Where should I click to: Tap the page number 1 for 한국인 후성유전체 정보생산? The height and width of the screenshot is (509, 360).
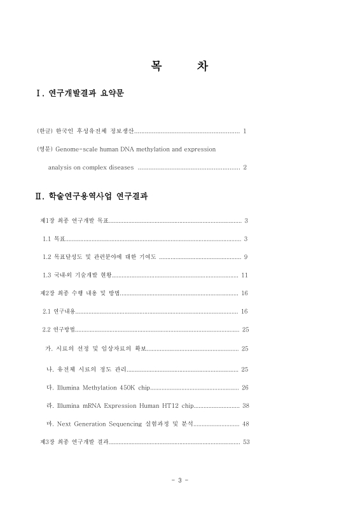(245, 131)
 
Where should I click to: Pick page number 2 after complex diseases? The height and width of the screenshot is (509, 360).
(245, 167)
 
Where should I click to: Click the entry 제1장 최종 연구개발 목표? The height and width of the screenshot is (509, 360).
(74, 221)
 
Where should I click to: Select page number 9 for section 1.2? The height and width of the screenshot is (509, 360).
(246, 257)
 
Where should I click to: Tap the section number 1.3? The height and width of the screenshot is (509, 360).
(46, 275)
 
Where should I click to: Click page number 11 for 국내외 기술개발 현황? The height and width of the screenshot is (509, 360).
(245, 275)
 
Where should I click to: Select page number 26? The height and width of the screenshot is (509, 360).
(245, 387)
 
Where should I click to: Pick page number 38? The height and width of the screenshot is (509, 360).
(245, 405)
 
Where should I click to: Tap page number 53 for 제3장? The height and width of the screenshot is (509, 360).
(246, 442)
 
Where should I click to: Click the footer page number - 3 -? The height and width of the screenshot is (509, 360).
(180, 480)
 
